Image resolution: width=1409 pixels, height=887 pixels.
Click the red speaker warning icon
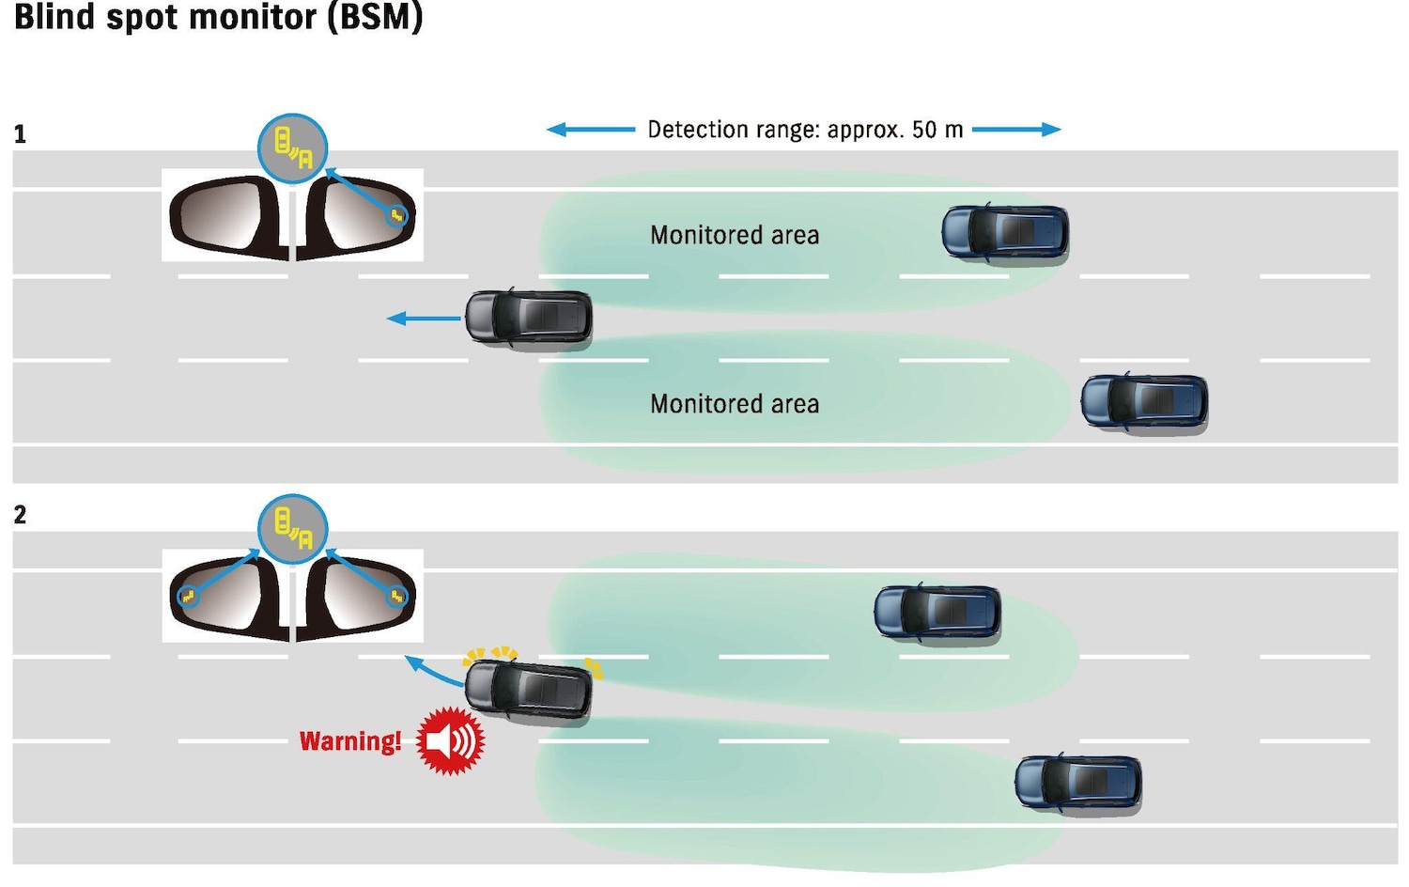tap(450, 741)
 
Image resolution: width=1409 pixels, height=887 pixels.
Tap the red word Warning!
tap(350, 741)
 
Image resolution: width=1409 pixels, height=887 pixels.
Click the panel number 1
tap(20, 134)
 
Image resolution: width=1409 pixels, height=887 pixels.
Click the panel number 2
tap(20, 515)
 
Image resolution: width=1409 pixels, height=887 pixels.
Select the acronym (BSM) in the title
tap(376, 17)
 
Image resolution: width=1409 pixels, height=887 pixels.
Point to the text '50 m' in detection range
tap(937, 130)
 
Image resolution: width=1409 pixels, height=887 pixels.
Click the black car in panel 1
tap(529, 318)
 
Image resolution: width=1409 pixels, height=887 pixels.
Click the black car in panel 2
tap(529, 691)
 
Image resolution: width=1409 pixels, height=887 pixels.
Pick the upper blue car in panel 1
tap(1005, 233)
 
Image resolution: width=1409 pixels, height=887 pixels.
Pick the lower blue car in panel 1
tap(1144, 403)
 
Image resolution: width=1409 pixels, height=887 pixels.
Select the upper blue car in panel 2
tap(937, 613)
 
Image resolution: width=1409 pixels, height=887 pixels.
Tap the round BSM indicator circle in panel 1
tap(293, 148)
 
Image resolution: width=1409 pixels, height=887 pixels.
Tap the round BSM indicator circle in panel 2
tap(293, 528)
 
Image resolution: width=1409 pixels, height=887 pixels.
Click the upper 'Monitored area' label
tap(735, 235)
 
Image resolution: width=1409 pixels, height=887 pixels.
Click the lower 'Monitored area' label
tap(735, 404)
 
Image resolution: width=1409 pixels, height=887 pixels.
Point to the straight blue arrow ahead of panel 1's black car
tap(424, 319)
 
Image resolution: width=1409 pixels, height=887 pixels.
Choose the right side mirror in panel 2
tap(360, 596)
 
